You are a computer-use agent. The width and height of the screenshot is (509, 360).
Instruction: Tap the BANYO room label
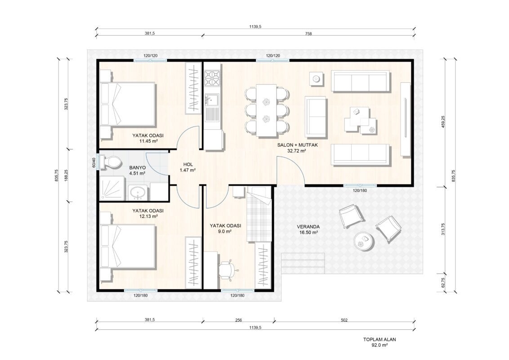click(x=137, y=168)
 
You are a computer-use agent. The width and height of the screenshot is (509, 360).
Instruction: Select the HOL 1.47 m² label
click(x=188, y=167)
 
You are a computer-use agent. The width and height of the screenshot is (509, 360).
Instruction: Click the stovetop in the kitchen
click(x=212, y=79)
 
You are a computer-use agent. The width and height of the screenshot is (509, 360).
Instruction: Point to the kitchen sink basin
click(x=212, y=100)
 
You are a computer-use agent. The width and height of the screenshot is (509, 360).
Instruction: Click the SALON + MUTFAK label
click(x=297, y=145)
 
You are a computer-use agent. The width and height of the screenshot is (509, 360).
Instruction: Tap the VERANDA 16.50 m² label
click(x=308, y=229)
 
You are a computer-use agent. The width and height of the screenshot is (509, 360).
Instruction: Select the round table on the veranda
click(x=364, y=241)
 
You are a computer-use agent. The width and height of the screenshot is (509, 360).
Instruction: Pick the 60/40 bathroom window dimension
click(x=94, y=162)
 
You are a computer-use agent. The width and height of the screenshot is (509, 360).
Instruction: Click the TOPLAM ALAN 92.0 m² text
click(x=380, y=342)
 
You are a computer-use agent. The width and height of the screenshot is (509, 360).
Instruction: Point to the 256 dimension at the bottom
click(x=239, y=320)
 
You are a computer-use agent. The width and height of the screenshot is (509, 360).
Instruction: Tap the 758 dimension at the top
click(x=308, y=33)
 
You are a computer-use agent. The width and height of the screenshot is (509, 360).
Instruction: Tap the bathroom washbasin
click(x=138, y=193)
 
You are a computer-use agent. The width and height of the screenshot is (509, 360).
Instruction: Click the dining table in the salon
click(x=267, y=110)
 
